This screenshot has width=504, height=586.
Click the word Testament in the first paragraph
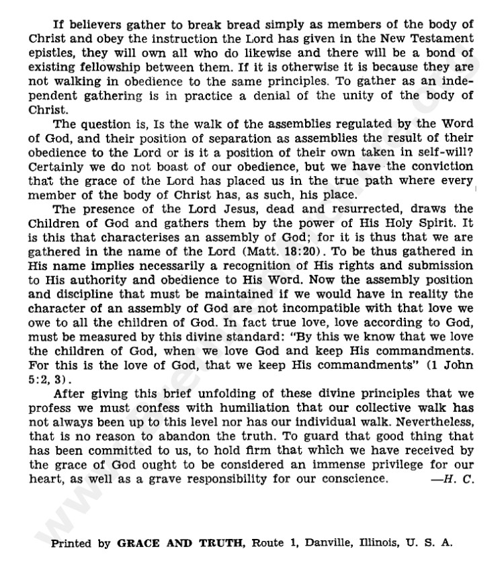(x=442, y=39)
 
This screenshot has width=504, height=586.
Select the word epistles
(x=50, y=52)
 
